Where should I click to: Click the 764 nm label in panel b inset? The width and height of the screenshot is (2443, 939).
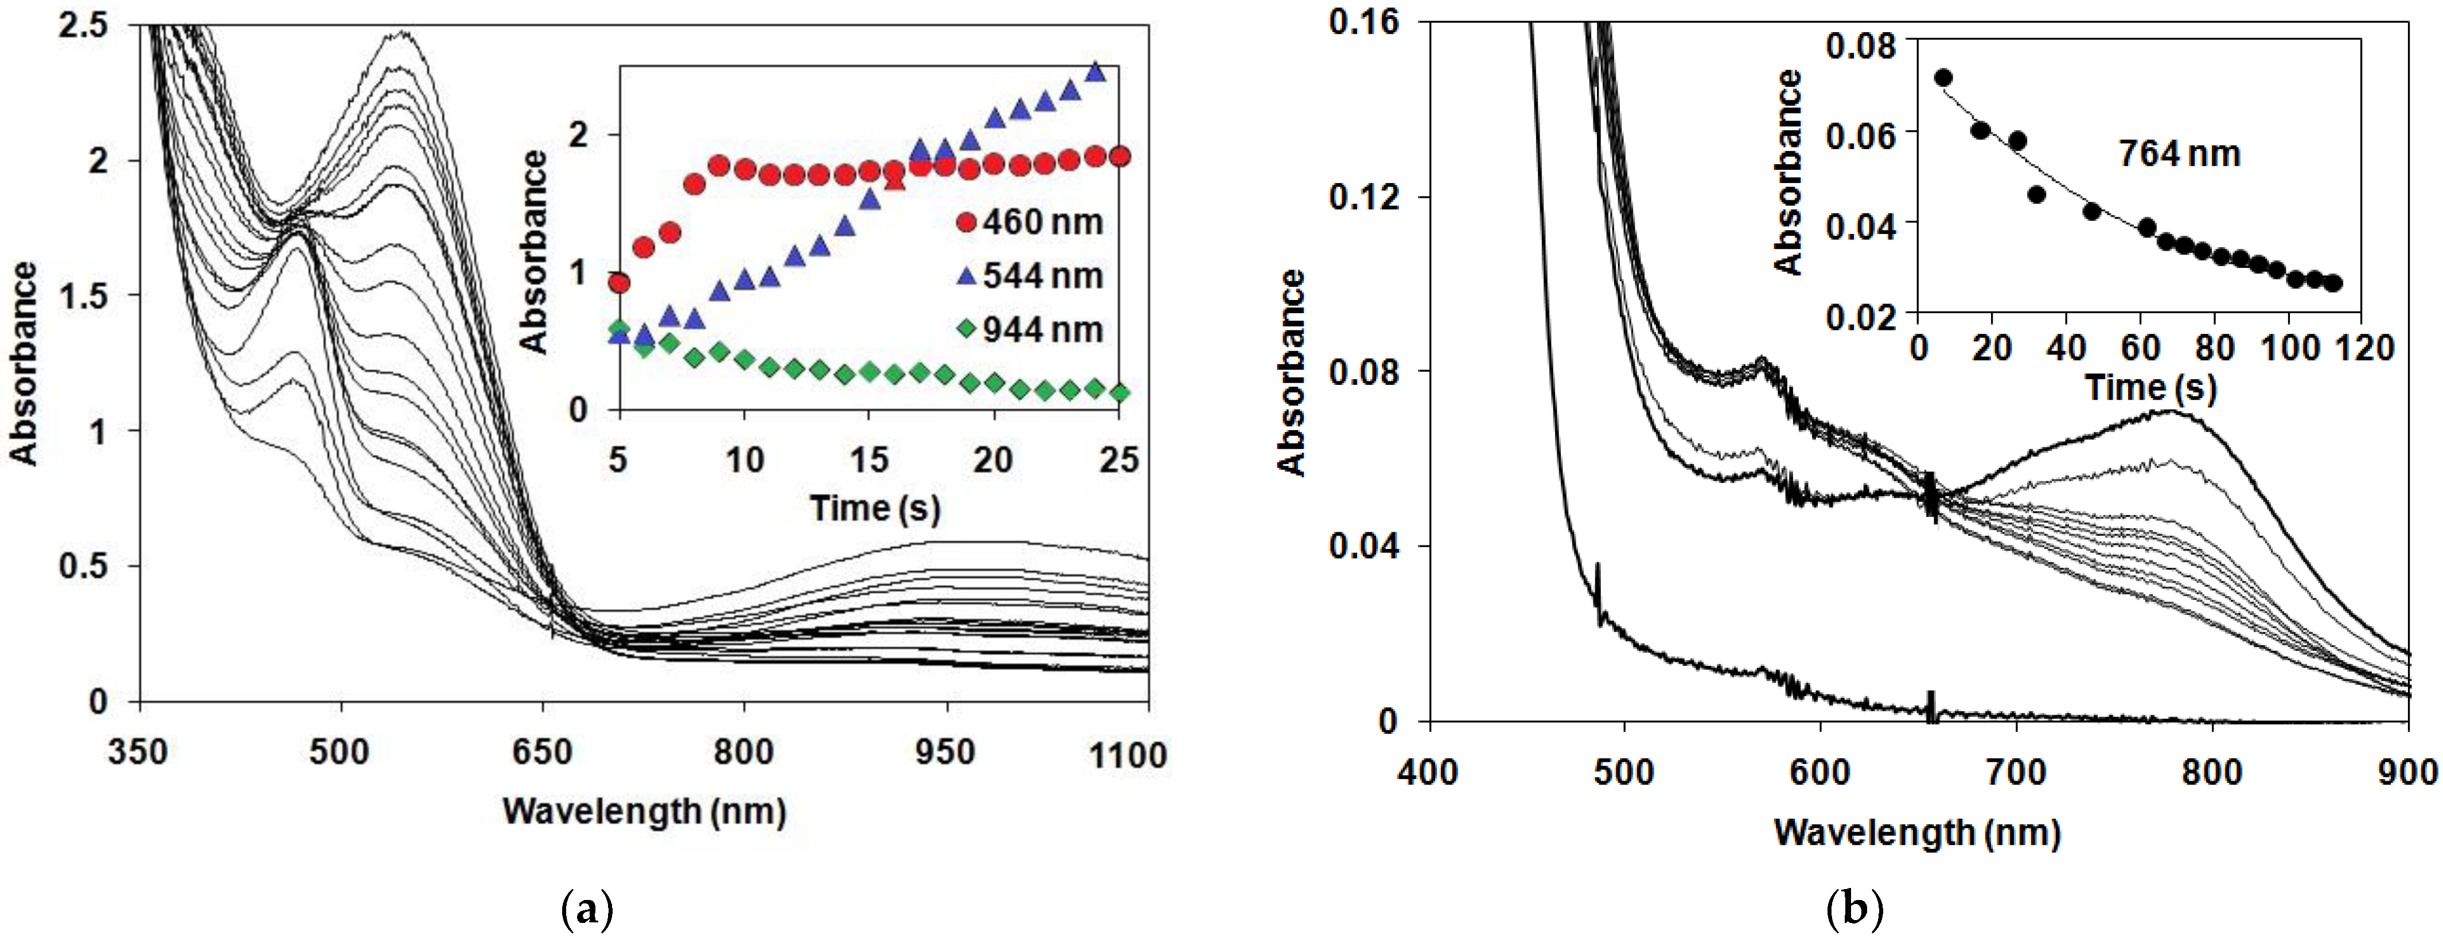2179,154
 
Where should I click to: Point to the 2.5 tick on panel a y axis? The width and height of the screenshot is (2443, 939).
83,25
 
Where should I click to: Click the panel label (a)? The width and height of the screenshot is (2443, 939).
587,910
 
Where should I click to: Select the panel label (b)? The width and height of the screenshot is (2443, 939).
1853,910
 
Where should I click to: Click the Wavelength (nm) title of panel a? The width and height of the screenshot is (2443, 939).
644,811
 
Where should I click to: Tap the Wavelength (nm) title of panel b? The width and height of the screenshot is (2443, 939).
1916,833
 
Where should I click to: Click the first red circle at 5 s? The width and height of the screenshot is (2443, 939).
619,283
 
